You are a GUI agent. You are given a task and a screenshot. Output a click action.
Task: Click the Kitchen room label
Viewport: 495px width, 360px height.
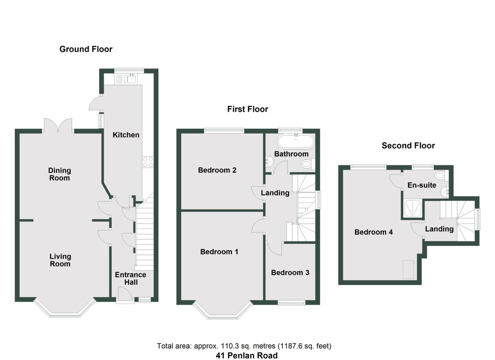(x=126, y=135)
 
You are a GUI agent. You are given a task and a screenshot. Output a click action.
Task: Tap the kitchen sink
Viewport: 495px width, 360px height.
(x=129, y=79)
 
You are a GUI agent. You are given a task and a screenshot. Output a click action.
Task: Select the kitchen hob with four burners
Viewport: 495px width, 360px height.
(x=148, y=162)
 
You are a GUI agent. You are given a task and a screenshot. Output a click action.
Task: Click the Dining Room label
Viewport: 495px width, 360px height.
(x=60, y=174)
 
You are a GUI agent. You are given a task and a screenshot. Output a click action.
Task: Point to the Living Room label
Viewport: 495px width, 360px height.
(x=60, y=260)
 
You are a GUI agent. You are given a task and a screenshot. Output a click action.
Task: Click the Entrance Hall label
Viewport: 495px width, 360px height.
(x=131, y=278)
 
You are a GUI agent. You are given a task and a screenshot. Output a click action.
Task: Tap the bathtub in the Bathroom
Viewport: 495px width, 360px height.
(x=296, y=142)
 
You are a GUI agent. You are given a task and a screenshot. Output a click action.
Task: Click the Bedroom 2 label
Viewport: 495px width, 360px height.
(x=217, y=170)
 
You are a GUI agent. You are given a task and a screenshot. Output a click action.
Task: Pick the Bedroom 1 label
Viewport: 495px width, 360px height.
(x=219, y=252)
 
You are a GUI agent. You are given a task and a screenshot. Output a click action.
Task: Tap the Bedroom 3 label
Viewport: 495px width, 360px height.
(x=290, y=273)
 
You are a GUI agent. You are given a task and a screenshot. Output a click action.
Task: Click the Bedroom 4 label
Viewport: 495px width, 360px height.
(x=373, y=232)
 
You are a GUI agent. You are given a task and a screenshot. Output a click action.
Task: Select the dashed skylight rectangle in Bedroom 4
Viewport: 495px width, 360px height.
(x=408, y=269)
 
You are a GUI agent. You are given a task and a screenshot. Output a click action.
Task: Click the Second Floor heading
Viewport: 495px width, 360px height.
(x=408, y=146)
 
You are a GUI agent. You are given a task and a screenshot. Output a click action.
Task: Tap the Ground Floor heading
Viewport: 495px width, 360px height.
(x=86, y=49)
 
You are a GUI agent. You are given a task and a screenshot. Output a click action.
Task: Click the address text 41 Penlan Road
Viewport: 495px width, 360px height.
(x=246, y=356)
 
